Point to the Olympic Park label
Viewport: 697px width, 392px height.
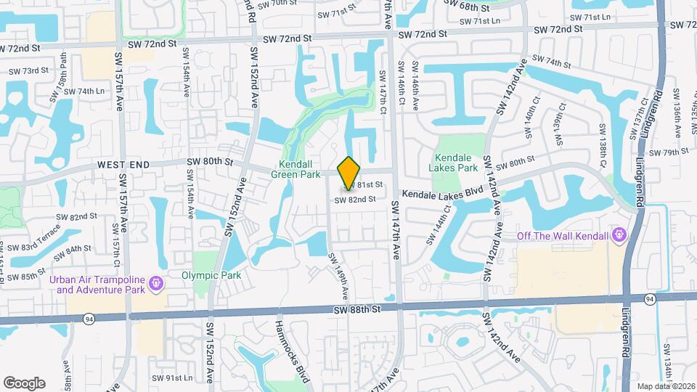coord(211,275)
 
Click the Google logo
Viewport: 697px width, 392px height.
coord(25,383)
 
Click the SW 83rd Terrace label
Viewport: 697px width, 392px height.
coord(41,238)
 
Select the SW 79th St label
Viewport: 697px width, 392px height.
coord(669,152)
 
